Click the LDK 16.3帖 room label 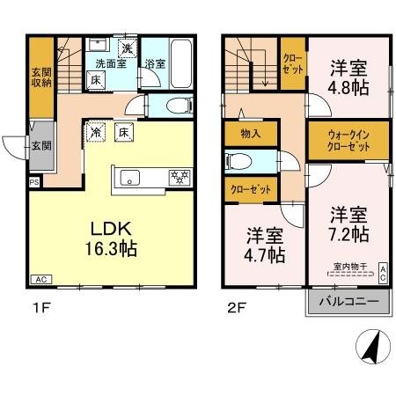coord(109,238)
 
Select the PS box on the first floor coord(34,183)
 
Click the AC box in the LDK coord(40,279)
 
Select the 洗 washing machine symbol coord(128,48)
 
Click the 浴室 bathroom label coord(155,63)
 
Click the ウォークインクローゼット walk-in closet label coord(338,142)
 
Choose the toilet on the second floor coord(238,161)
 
